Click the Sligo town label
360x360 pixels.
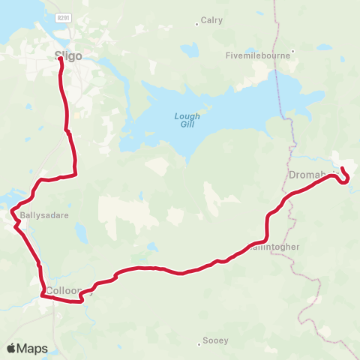68,54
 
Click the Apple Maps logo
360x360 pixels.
27,348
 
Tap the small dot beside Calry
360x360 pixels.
196,22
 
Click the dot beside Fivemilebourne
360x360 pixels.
294,52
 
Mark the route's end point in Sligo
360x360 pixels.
60,59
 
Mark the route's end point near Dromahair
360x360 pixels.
342,169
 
